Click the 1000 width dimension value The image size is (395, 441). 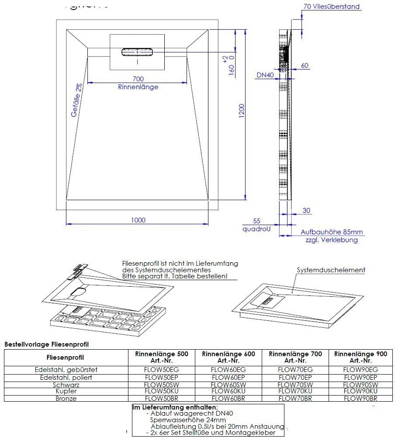point(138,220)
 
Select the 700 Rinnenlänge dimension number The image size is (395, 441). point(138,79)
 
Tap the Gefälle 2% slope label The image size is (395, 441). point(77,100)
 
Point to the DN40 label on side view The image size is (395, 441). point(265,75)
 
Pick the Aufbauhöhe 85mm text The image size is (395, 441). point(332,232)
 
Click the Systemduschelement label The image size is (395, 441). point(331,270)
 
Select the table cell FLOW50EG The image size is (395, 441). point(162,370)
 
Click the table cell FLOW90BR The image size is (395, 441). point(360,399)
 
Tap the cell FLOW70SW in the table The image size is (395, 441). point(295,385)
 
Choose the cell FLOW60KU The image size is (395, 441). point(228,391)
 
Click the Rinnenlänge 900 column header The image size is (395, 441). point(360,357)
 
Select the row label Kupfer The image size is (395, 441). point(66,392)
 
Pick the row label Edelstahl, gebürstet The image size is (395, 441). point(66,370)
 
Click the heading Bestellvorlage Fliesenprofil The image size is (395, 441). point(46,344)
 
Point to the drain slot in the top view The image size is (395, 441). point(137,52)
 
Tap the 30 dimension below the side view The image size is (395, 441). point(306,211)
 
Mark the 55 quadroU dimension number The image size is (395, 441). point(257,222)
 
